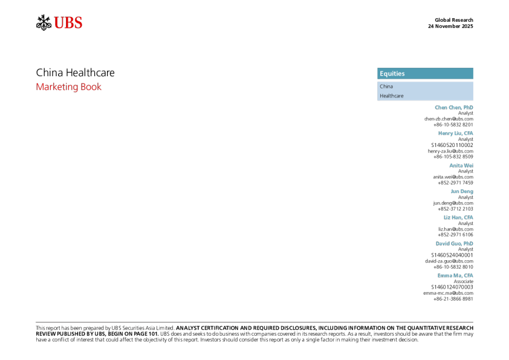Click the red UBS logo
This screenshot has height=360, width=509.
click(x=68, y=23)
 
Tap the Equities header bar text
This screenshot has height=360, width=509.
click(x=392, y=74)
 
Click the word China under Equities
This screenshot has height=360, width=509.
click(x=386, y=87)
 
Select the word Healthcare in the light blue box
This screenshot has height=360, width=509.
click(x=391, y=96)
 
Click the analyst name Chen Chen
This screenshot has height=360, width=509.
click(x=448, y=107)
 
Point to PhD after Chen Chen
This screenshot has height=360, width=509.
click(x=468, y=107)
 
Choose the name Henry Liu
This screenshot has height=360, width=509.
click(x=450, y=133)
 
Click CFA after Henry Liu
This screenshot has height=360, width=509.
click(x=468, y=133)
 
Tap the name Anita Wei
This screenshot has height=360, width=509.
click(x=461, y=165)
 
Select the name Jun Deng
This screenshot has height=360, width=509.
click(x=462, y=191)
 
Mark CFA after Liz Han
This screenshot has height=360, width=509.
click(x=468, y=217)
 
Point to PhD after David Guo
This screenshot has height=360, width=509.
click(x=468, y=243)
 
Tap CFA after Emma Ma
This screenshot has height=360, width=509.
click(x=468, y=275)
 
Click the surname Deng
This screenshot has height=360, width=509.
click(x=467, y=191)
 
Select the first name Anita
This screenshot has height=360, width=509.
click(x=456, y=165)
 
